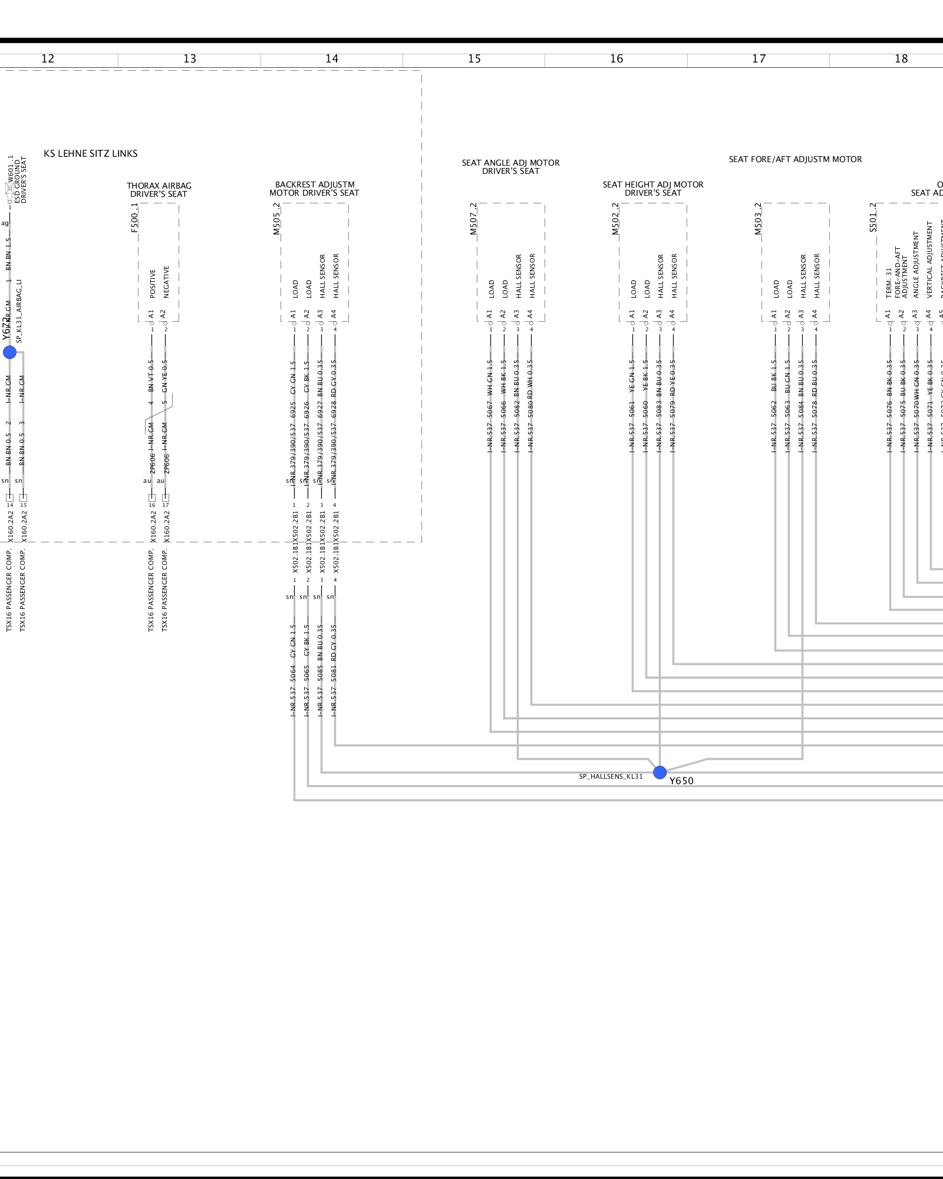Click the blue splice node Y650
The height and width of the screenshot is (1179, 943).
[x=660, y=772]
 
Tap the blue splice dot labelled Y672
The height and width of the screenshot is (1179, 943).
[x=10, y=353]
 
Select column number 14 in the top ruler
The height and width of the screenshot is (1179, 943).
[x=332, y=59]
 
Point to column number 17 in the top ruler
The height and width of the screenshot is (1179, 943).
[x=759, y=59]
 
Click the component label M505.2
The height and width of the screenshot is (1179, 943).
[x=276, y=219]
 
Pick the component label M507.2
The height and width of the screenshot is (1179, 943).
[x=473, y=219]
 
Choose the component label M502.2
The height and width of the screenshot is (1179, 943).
[x=615, y=219]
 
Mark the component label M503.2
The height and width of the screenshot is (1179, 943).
[x=758, y=219]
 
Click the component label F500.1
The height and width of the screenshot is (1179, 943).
[x=134, y=218]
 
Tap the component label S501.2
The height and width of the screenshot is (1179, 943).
[x=873, y=218]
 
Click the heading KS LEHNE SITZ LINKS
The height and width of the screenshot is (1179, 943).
[x=91, y=154]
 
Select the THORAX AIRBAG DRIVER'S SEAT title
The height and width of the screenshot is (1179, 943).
[x=159, y=190]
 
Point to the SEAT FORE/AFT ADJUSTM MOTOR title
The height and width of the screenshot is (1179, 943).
[x=795, y=159]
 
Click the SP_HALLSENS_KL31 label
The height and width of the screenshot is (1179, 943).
[x=611, y=776]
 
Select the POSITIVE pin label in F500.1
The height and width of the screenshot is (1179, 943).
[x=153, y=284]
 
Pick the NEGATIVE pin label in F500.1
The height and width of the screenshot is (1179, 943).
[x=166, y=282]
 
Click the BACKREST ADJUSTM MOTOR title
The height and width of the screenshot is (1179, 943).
[x=314, y=189]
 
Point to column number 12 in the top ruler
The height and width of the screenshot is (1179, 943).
[x=48, y=59]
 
